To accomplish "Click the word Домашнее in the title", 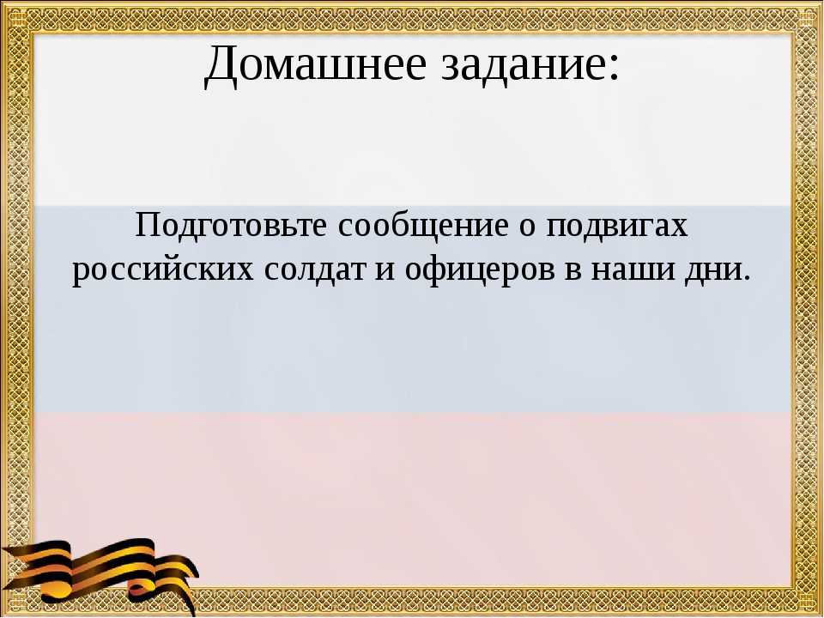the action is [x=314, y=64].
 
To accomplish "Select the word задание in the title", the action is [x=520, y=64].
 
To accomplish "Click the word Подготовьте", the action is [x=231, y=226].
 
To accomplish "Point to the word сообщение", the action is [x=423, y=227].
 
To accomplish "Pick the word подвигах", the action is [x=617, y=227].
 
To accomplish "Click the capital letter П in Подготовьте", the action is [x=148, y=225].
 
